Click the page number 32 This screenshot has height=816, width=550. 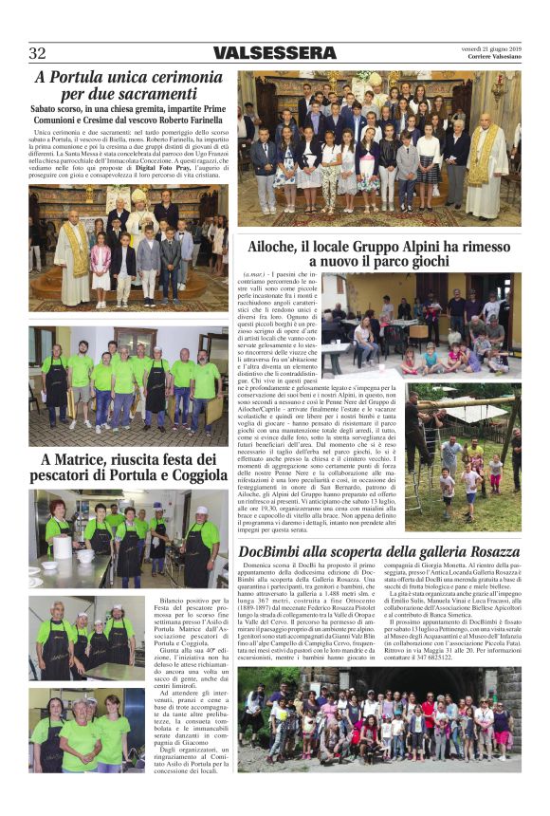click(37, 53)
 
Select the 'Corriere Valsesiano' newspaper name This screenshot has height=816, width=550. click(495, 57)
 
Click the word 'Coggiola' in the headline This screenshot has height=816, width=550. click(192, 477)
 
